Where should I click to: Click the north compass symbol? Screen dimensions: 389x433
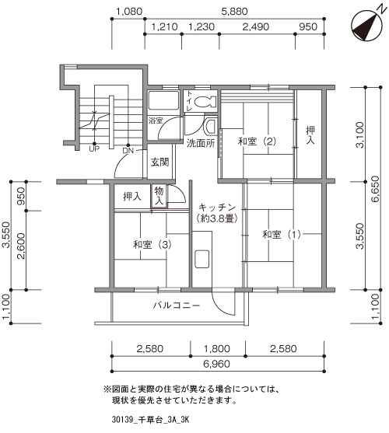click(367, 26)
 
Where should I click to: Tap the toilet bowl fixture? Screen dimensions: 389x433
click(205, 102)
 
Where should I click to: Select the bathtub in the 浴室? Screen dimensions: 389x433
click(163, 101)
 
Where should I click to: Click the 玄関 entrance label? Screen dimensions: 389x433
click(159, 162)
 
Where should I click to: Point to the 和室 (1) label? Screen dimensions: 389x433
click(282, 235)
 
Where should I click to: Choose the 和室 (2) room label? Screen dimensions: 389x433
click(257, 141)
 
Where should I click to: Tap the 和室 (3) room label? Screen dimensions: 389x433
click(152, 245)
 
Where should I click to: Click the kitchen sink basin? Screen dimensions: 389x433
click(202, 259)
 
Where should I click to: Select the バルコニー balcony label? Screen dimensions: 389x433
click(177, 306)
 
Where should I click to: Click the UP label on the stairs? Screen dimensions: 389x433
click(94, 149)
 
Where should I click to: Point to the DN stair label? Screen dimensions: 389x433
click(128, 151)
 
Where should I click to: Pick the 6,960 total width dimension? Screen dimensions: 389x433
click(216, 364)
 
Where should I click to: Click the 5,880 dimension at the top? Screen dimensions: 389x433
click(234, 12)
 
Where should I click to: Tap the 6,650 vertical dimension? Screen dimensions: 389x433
click(376, 189)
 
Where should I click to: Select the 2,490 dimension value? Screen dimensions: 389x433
click(255, 26)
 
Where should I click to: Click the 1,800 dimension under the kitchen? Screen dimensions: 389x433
click(217, 349)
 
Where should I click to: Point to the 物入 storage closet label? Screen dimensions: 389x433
click(159, 196)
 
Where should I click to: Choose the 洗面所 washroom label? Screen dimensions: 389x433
click(201, 143)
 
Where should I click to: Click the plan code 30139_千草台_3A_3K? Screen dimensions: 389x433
click(151, 420)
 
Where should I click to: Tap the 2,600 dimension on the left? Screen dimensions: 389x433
click(21, 246)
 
